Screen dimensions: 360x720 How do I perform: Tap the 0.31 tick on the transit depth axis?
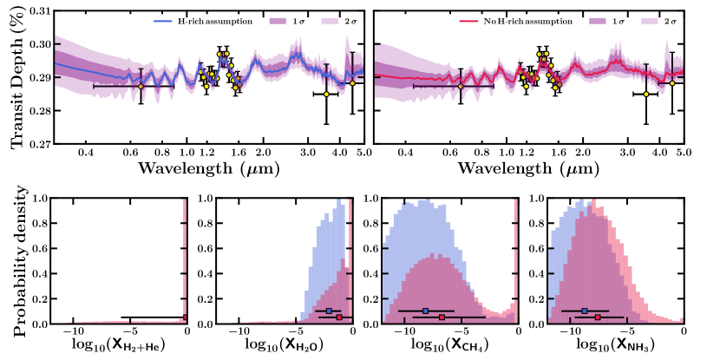[39, 11]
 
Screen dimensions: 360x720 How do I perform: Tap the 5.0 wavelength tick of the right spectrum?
[683, 153]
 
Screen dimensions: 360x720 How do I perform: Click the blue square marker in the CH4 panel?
[426, 311]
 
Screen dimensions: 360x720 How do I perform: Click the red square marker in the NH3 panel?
[599, 317]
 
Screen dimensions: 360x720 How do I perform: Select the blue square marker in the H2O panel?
[329, 311]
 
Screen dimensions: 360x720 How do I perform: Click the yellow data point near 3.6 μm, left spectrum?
[326, 94]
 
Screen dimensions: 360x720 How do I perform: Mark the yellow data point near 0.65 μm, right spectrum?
[461, 86]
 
